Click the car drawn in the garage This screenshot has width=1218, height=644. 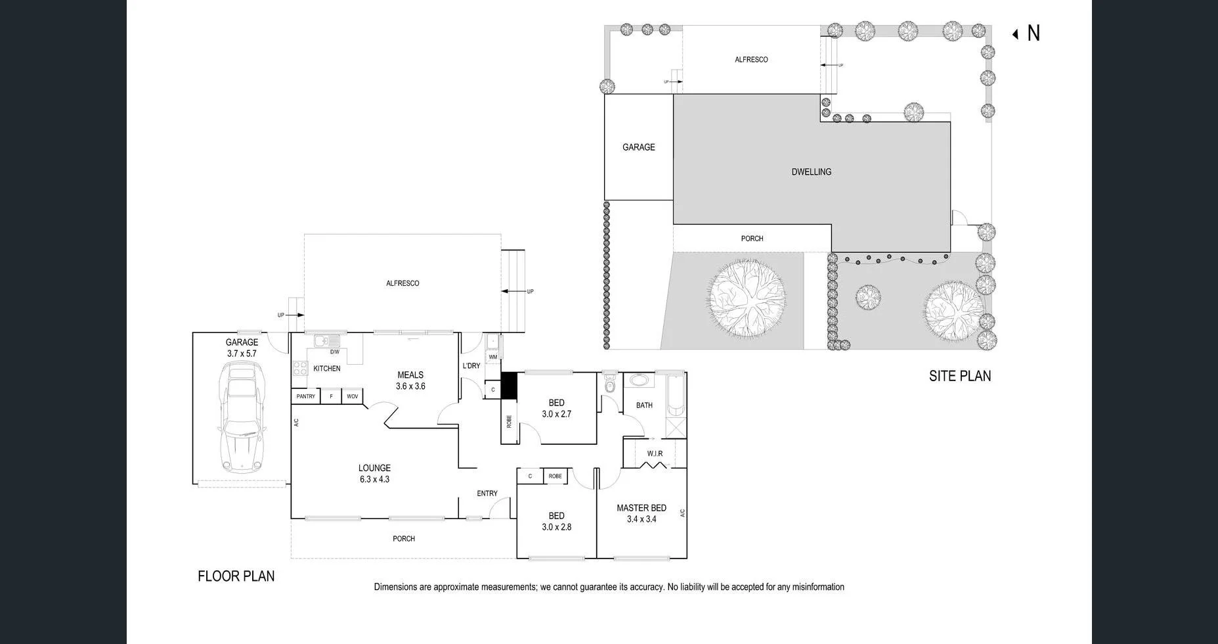click(x=242, y=421)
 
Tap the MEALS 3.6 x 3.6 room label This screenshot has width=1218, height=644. click(x=410, y=380)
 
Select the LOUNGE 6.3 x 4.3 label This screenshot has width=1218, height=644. click(x=374, y=473)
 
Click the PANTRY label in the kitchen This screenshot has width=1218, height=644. click(x=306, y=396)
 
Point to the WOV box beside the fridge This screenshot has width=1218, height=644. click(x=352, y=396)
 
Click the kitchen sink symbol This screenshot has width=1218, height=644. click(x=326, y=340)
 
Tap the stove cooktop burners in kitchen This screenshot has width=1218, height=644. click(x=299, y=369)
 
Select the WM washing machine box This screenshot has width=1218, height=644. click(x=492, y=357)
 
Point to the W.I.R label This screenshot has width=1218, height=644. click(x=655, y=453)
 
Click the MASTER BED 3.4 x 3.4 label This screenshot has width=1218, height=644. click(x=642, y=513)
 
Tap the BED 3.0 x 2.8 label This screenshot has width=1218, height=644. click(x=556, y=521)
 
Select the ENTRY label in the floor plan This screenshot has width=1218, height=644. click(x=487, y=493)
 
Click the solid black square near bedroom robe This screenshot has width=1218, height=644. click(x=510, y=385)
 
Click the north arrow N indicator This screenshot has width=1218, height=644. click(x=1028, y=33)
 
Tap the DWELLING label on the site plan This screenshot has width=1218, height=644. click(x=811, y=172)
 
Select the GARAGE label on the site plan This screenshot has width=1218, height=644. click(x=638, y=147)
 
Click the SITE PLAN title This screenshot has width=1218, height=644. click(x=959, y=376)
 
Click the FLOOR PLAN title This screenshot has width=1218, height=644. click(x=236, y=576)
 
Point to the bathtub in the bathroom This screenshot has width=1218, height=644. click(x=676, y=396)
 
